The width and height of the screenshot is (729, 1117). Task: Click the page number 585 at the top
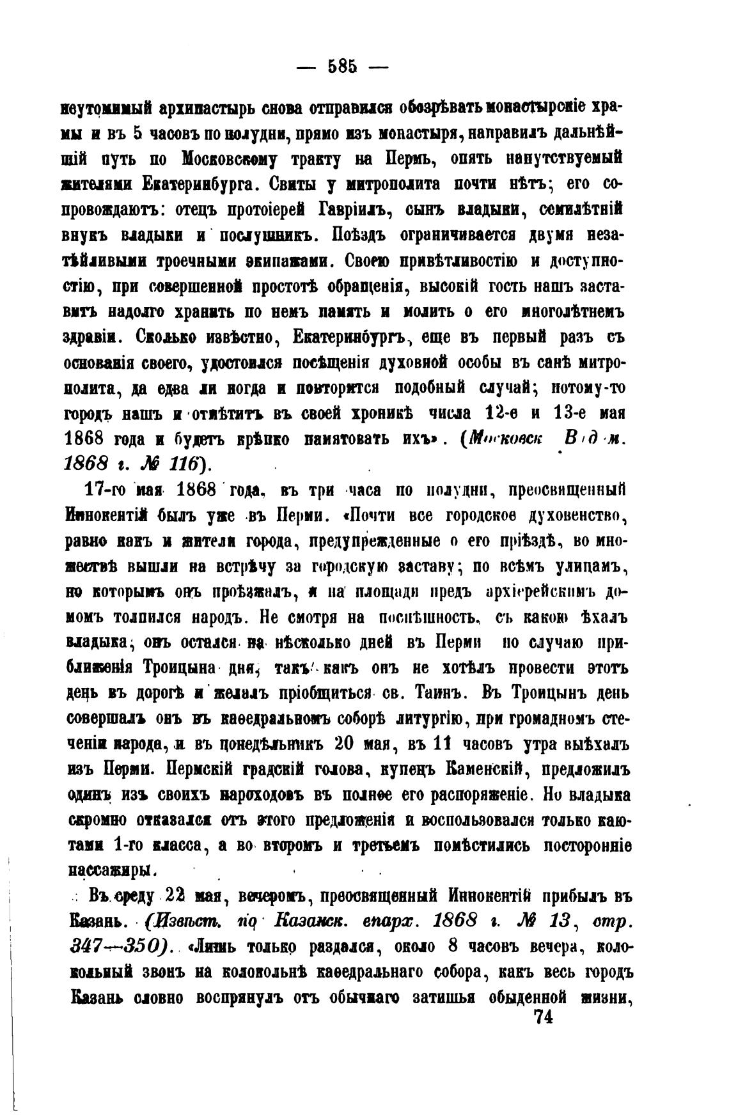click(x=341, y=66)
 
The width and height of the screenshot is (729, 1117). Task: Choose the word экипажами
click(x=290, y=261)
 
